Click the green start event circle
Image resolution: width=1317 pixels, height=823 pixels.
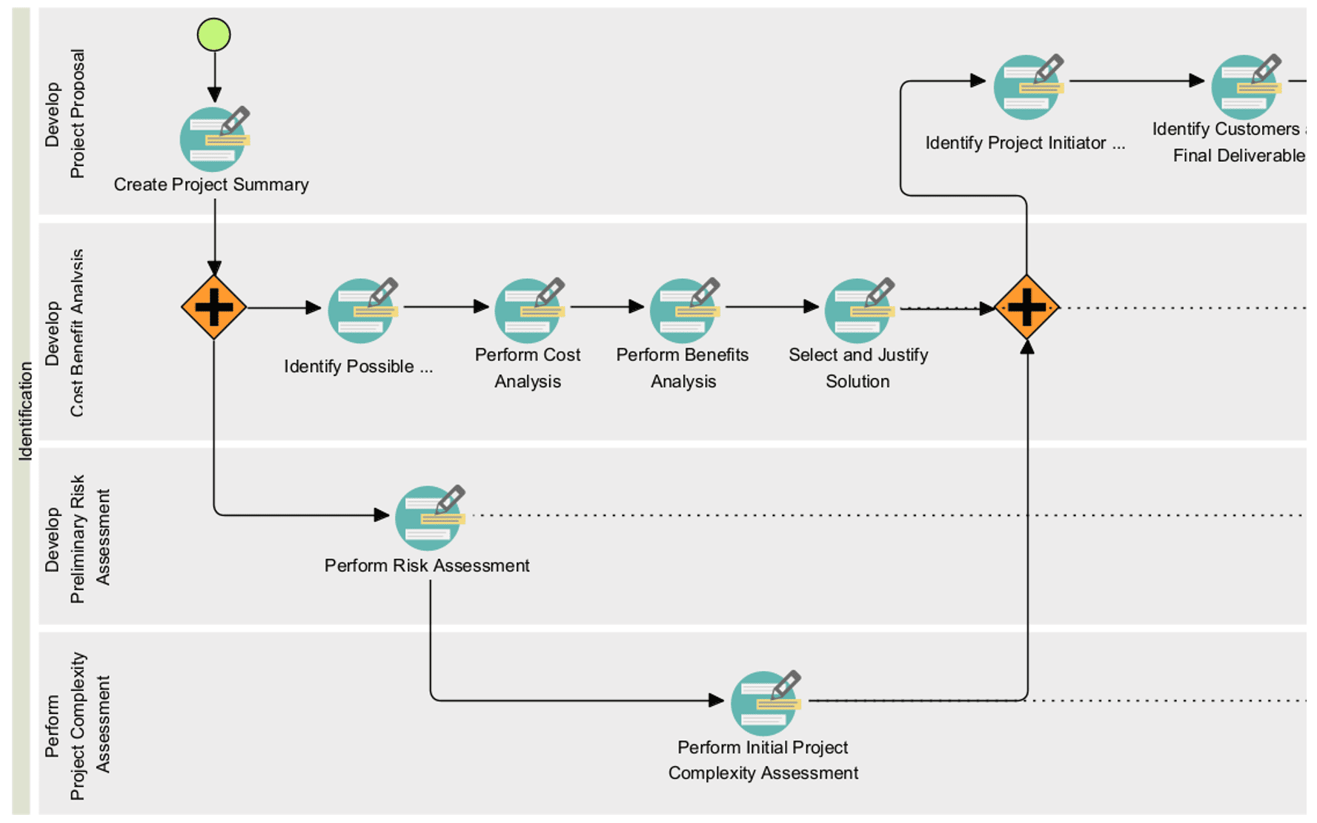tap(213, 35)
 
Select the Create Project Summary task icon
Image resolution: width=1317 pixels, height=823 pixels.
tap(213, 139)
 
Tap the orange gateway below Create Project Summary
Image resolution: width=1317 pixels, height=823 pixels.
tap(213, 307)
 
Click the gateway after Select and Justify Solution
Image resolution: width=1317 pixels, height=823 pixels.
tap(1026, 307)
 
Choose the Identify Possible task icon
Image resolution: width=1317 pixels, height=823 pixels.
tap(362, 311)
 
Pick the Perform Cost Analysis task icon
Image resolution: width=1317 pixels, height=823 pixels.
tap(528, 311)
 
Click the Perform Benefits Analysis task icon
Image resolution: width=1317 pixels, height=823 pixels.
tap(683, 311)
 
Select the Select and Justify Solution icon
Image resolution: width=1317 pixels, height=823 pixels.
tap(858, 311)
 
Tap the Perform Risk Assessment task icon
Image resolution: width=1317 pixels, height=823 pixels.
tap(428, 518)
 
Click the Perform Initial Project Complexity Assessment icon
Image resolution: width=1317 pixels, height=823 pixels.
tap(764, 703)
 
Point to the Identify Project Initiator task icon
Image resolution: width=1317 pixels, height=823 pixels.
tap(1027, 87)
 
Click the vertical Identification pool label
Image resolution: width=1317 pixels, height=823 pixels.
tap(25, 411)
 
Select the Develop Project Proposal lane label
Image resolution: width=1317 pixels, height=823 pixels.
tap(64, 113)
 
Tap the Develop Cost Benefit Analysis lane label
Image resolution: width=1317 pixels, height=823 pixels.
tap(64, 333)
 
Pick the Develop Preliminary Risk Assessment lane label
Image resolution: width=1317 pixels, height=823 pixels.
tap(77, 539)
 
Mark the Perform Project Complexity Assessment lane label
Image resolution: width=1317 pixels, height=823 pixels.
tap(77, 726)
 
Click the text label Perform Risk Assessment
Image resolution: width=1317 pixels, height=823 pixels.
tap(427, 566)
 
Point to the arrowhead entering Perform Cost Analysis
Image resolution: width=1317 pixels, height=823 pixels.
tap(482, 307)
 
